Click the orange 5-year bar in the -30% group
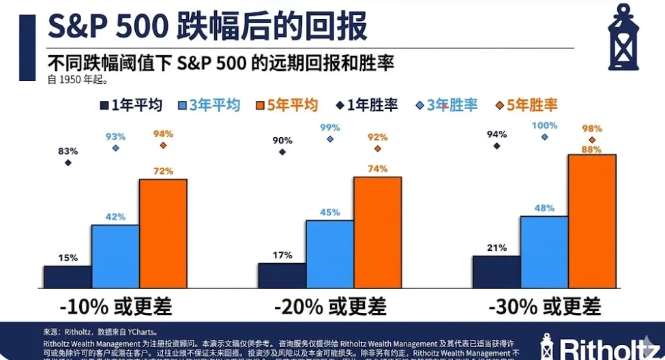pyautogui.click(x=592, y=220)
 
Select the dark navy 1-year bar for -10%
pyautogui.click(x=68, y=276)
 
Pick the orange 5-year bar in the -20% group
pyautogui.click(x=377, y=231)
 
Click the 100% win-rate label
pyautogui.click(x=544, y=125)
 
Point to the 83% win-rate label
pyautogui.click(x=68, y=151)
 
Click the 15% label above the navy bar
pyautogui.click(x=68, y=258)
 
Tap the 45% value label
pyautogui.click(x=329, y=212)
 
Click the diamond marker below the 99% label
pyautogui.click(x=330, y=138)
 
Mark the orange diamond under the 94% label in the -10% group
pyautogui.click(x=163, y=145)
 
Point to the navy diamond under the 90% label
pyautogui.click(x=282, y=152)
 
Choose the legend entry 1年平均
pyautogui.click(x=131, y=105)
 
